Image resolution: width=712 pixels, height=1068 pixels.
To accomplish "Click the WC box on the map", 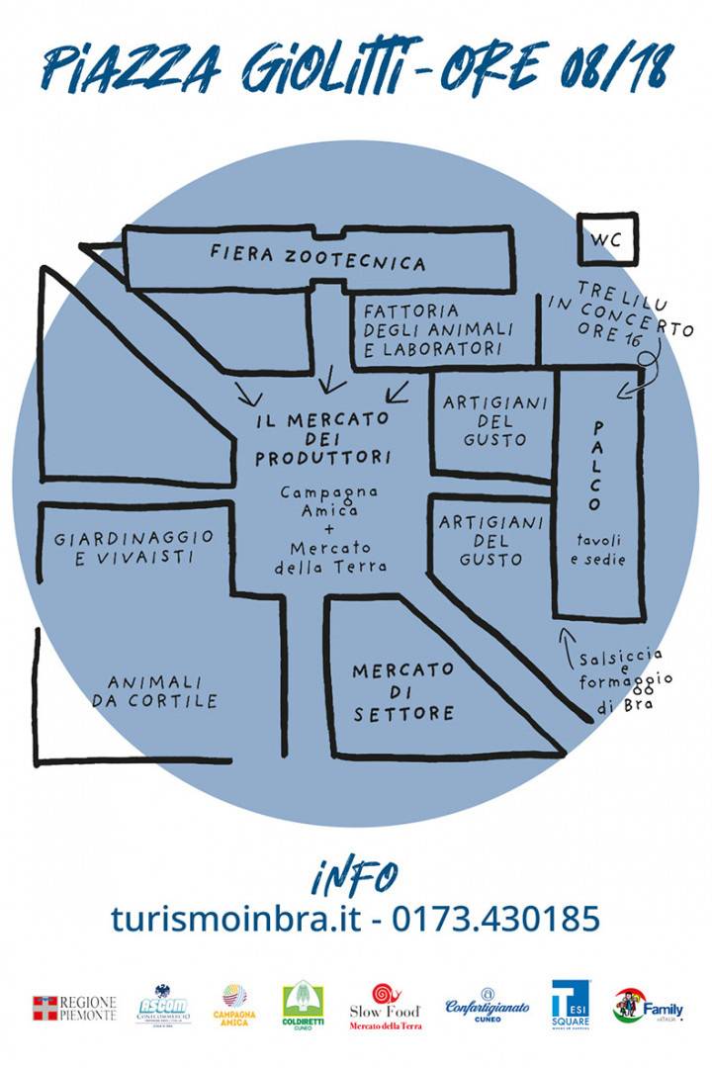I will pyautogui.click(x=607, y=239).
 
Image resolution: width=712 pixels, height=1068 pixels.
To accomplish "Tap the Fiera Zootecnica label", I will pyautogui.click(x=317, y=259).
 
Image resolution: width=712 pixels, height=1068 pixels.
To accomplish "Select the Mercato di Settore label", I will pyautogui.click(x=403, y=691).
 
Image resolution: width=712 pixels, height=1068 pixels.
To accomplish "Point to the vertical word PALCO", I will pyautogui.click(x=595, y=466).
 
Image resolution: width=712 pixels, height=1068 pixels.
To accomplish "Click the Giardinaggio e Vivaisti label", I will pyautogui.click(x=134, y=547).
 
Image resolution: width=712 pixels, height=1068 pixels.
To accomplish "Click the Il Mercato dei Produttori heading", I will pyautogui.click(x=322, y=438).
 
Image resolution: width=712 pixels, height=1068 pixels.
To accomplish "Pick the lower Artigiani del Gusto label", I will pyautogui.click(x=491, y=540).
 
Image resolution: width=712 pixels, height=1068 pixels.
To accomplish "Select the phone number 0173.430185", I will pyautogui.click(x=496, y=920).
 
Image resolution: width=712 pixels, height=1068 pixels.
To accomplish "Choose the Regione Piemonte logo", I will pyautogui.click(x=75, y=1009).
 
